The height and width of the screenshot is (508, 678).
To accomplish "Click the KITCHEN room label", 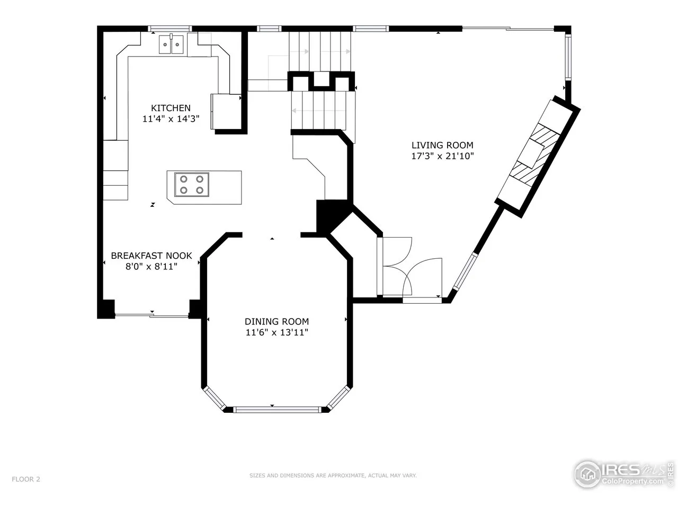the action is click(171, 108).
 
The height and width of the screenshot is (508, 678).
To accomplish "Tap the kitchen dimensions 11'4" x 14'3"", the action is click(171, 119).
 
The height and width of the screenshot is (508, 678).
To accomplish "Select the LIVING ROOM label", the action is click(442, 145).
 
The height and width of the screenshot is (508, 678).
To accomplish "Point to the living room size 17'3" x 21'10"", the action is click(442, 156).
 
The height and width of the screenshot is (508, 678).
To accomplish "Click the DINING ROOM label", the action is click(276, 321).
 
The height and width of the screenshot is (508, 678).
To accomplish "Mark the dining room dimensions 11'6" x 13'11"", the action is click(276, 332).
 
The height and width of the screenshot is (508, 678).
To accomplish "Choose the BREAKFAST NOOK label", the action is click(151, 256).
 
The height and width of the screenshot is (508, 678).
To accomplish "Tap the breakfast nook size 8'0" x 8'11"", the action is click(151, 266).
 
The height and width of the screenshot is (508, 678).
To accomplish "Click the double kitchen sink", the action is click(171, 44).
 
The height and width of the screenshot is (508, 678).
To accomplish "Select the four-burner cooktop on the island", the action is click(192, 185).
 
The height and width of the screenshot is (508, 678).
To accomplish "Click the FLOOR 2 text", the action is click(26, 479).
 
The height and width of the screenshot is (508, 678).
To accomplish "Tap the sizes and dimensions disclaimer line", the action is click(333, 475).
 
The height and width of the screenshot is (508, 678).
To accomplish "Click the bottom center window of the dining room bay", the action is click(277, 410).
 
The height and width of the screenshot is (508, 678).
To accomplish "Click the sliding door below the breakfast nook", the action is click(151, 315).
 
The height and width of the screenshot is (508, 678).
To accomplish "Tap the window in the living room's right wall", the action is click(568, 57).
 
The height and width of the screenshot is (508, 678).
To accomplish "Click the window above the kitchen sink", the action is click(170, 29).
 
